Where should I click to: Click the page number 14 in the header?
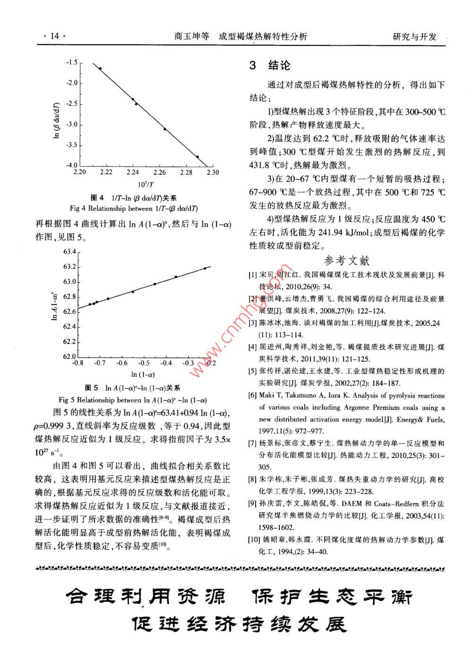(53, 36)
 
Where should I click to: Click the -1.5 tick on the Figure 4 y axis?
(72, 62)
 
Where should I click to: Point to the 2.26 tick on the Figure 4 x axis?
(160, 172)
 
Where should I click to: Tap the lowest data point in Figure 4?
(198, 157)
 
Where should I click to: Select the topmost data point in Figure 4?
(100, 68)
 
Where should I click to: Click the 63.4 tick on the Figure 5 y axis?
(69, 252)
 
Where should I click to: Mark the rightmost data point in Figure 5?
(205, 269)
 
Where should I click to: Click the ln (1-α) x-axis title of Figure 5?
(143, 374)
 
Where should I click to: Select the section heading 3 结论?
(269, 66)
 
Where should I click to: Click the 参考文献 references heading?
(347, 261)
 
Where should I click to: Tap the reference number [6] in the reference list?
(253, 396)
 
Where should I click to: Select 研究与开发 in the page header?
(415, 36)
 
